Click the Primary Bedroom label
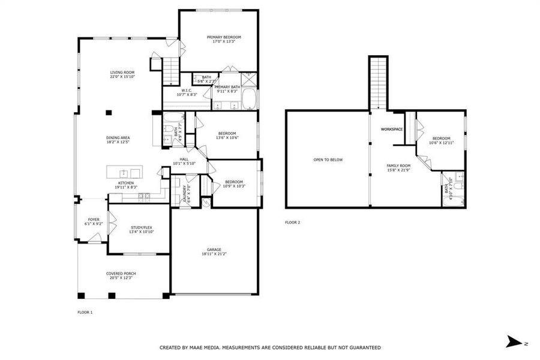220,37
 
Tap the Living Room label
122,73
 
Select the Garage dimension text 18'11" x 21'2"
214,254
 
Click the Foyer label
94,220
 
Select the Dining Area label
118,138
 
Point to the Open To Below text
328,160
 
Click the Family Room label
398,166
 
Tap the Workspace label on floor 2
392,130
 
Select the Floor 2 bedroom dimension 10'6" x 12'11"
441,143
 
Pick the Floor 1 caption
85,312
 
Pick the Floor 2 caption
292,223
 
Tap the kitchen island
124,172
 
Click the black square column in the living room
109,112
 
